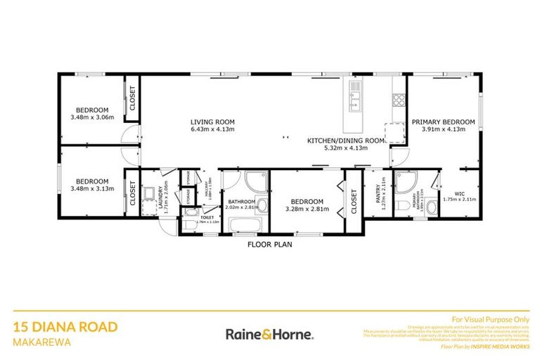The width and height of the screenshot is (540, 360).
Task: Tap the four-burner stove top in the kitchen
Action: click(x=399, y=99)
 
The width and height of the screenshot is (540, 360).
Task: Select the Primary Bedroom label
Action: click(x=443, y=122)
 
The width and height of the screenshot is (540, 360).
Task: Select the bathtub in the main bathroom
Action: click(x=243, y=225)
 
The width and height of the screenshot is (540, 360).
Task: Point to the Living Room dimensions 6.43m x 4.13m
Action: click(x=212, y=129)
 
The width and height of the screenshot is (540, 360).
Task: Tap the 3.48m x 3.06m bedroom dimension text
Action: click(x=92, y=117)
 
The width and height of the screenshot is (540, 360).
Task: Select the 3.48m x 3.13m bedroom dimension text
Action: click(x=92, y=188)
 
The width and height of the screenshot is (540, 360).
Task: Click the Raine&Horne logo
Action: click(x=269, y=334)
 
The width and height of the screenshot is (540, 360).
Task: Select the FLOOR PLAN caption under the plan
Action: click(x=269, y=245)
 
